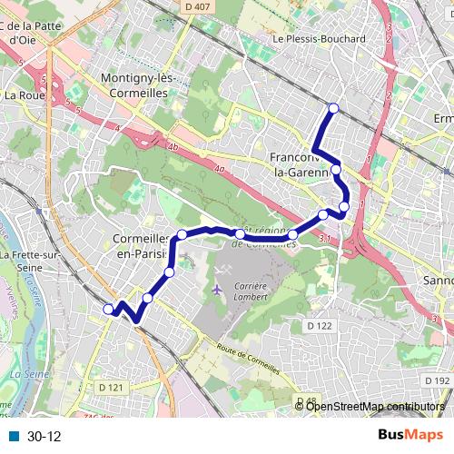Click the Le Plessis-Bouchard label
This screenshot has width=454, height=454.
click(319, 39)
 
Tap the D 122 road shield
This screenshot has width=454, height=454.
click(318, 325)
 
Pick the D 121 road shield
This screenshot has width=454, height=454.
click(109, 388)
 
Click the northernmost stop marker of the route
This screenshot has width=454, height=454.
click(333, 108)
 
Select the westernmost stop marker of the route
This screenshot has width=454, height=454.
click(108, 309)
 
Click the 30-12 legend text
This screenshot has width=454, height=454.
click(44, 437)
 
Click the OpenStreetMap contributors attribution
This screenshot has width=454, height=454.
click(375, 406)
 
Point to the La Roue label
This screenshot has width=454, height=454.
click(25, 94)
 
